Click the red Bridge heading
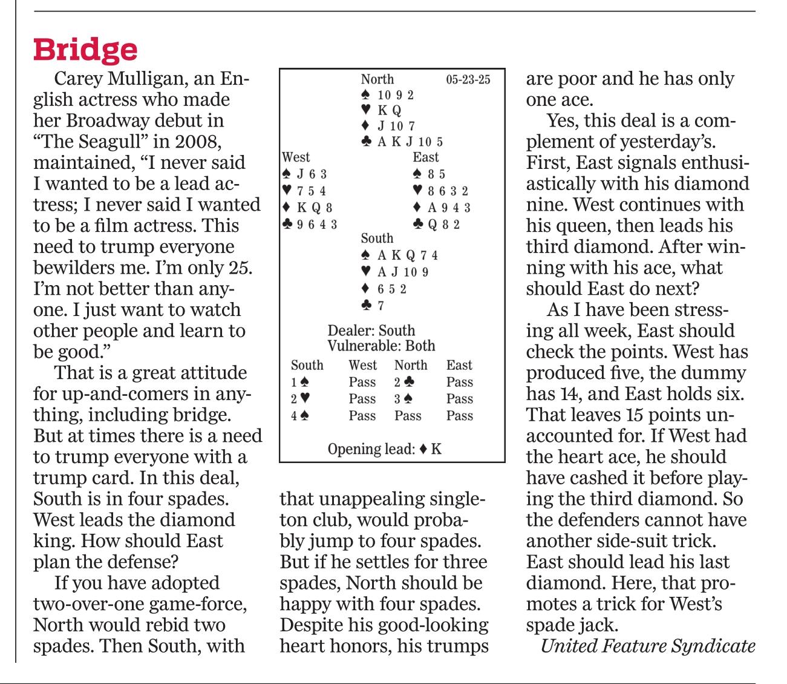[85, 50]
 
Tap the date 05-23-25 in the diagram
[468, 79]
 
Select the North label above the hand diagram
[377, 79]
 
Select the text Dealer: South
[371, 330]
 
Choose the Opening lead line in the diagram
[384, 449]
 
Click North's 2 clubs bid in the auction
[405, 382]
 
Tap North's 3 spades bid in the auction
[405, 399]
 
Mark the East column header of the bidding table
[459, 365]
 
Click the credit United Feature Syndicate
[647, 646]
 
